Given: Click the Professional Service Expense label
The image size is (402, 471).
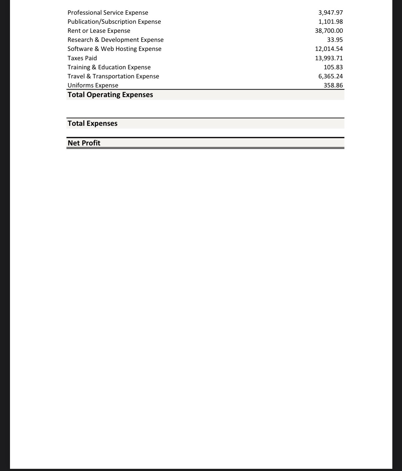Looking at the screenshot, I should [108, 13].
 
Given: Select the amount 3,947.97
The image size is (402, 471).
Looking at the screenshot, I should [331, 13].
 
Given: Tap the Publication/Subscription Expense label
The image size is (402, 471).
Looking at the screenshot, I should [114, 22].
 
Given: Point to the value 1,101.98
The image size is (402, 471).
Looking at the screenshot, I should [331, 22].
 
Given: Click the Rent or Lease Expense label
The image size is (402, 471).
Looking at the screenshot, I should [99, 31].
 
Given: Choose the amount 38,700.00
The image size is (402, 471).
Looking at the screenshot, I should [329, 31].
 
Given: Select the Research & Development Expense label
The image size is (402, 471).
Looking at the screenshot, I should [115, 40].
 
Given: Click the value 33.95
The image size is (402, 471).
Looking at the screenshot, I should [335, 40].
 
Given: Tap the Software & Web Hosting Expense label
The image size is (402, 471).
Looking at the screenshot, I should [114, 49].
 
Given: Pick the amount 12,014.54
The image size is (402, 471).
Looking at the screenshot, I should [329, 49].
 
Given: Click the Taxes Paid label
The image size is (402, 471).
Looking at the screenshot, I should [82, 58].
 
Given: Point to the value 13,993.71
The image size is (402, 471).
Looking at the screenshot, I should [329, 58].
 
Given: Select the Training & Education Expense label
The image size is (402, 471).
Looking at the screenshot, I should [109, 67].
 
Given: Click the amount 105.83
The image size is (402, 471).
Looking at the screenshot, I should [333, 67].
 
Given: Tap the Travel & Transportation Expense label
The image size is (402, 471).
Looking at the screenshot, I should [113, 76].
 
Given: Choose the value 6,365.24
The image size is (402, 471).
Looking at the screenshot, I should [331, 76].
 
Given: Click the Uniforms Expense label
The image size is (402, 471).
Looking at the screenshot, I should [93, 86].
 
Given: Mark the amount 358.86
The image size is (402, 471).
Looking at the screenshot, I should [333, 86].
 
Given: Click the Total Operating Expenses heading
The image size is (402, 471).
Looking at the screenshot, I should [110, 95].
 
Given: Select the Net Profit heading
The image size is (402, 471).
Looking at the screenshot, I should [84, 143].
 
